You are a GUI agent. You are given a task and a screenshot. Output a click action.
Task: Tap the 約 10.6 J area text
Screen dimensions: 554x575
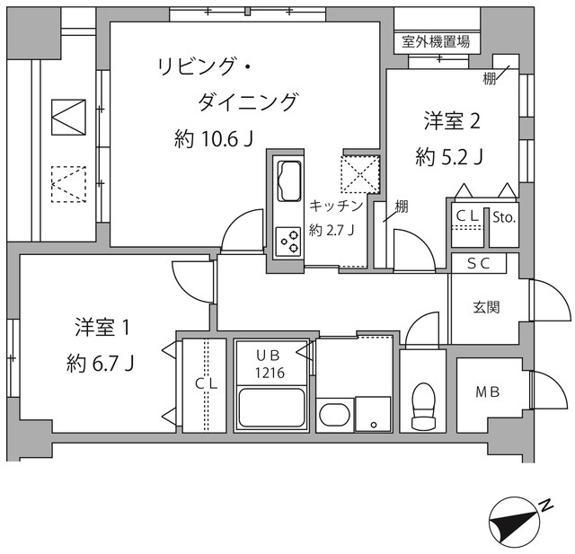(213, 139)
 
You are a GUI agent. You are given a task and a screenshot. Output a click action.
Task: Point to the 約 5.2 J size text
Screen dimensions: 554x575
(450, 157)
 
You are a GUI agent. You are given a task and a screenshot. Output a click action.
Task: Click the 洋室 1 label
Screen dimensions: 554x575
(102, 328)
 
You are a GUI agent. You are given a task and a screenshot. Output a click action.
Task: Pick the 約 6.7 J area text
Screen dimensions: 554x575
(101, 364)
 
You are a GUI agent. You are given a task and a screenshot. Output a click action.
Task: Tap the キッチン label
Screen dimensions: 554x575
(336, 205)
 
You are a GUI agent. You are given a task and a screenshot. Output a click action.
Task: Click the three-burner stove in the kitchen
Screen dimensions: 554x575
(289, 240)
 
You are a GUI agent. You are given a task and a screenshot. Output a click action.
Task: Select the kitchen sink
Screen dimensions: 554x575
(289, 180)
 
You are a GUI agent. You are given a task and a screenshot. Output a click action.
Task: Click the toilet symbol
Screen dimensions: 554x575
(421, 409)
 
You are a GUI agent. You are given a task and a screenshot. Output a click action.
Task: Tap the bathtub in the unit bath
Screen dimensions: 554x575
(272, 408)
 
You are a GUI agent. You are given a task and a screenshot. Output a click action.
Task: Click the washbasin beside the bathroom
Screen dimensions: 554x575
(334, 416)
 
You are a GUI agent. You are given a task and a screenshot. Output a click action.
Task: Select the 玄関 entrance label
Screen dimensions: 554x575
(486, 307)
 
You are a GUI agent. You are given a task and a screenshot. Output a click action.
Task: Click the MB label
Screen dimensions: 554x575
(486, 393)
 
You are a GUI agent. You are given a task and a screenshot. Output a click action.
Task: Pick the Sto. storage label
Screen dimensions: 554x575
(503, 216)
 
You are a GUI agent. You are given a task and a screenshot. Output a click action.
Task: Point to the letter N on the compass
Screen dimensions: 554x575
(546, 507)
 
